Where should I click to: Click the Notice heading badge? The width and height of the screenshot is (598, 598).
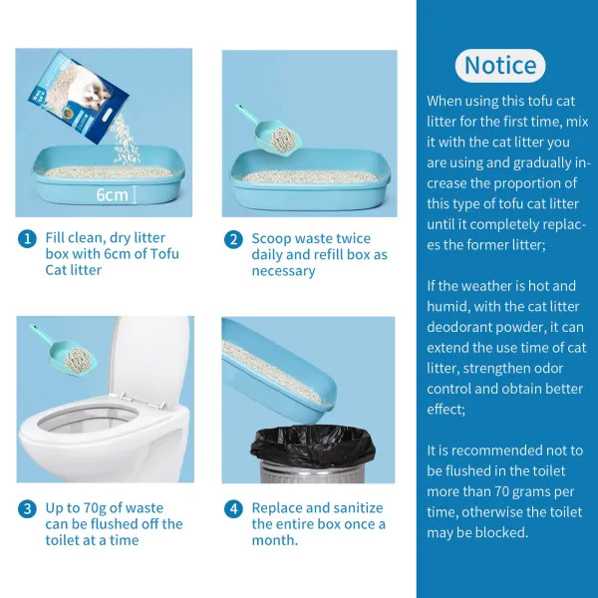500,66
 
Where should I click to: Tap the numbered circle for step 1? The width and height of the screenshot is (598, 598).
28,239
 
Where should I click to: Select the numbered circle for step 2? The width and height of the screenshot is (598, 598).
233,240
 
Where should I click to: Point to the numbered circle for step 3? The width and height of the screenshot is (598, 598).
28,509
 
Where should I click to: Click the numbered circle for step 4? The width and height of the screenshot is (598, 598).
233,509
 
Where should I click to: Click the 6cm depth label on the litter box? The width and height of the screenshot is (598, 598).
112,194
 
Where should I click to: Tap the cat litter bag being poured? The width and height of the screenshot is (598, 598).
79,97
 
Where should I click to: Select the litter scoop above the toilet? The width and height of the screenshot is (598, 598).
65,353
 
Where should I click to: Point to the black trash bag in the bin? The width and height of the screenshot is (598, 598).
313,447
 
